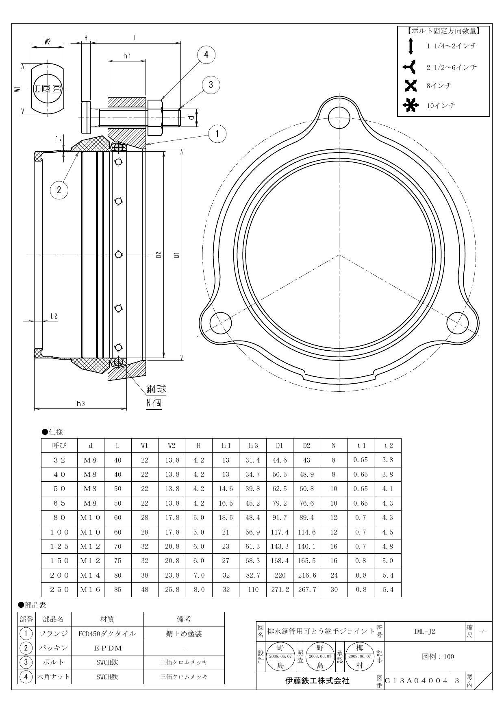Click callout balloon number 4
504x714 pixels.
[206, 55]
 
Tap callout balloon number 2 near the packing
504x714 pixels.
[59, 189]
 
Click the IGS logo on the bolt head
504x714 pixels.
[48, 88]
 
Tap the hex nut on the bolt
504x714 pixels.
[156, 118]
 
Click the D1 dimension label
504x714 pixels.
[176, 255]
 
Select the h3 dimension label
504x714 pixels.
[80, 404]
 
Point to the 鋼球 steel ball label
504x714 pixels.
[156, 389]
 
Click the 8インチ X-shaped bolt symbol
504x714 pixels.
[411, 86]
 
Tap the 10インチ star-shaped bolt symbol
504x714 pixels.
[411, 106]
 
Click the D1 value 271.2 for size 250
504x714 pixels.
[280, 590]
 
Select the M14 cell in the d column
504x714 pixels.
[91, 575]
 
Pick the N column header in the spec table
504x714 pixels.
[334, 445]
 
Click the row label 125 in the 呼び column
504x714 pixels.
[59, 546]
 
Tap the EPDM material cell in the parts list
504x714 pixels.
[107, 648]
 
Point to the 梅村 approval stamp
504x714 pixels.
[360, 656]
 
